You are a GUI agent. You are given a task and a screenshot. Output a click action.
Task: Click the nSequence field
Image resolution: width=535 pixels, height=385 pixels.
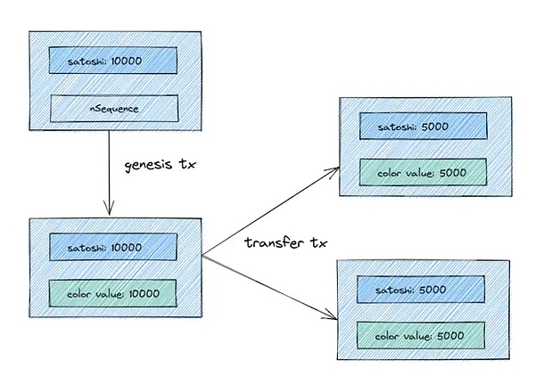pyautogui.click(x=113, y=108)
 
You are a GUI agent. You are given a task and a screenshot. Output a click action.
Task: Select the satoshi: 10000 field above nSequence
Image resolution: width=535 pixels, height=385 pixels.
pyautogui.click(x=113, y=61)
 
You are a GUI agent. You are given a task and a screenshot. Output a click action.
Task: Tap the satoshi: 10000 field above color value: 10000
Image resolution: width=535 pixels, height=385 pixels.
pyautogui.click(x=113, y=247)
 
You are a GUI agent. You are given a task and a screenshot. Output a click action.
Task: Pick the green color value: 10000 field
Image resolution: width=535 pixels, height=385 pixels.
pyautogui.click(x=113, y=292)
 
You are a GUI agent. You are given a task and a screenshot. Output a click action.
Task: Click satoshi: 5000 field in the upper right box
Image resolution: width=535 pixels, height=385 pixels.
pyautogui.click(x=424, y=126)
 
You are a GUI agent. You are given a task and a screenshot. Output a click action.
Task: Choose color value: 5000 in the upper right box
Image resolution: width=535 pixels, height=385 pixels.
pyautogui.click(x=424, y=171)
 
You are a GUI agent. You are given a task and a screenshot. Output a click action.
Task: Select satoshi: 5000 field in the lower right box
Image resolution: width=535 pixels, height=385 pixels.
pyautogui.click(x=421, y=289)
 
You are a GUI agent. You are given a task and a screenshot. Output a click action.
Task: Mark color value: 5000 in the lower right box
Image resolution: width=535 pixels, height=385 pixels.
pyautogui.click(x=421, y=334)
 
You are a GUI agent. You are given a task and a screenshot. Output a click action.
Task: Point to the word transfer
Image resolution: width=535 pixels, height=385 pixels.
pyautogui.click(x=273, y=242)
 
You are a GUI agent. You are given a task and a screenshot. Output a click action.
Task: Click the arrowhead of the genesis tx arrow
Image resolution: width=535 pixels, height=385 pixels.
pyautogui.click(x=109, y=212)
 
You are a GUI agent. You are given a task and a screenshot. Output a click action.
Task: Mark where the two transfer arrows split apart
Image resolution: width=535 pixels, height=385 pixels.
pyautogui.click(x=205, y=257)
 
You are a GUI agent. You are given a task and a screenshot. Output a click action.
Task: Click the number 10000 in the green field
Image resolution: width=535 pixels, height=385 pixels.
pyautogui.click(x=139, y=292)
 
